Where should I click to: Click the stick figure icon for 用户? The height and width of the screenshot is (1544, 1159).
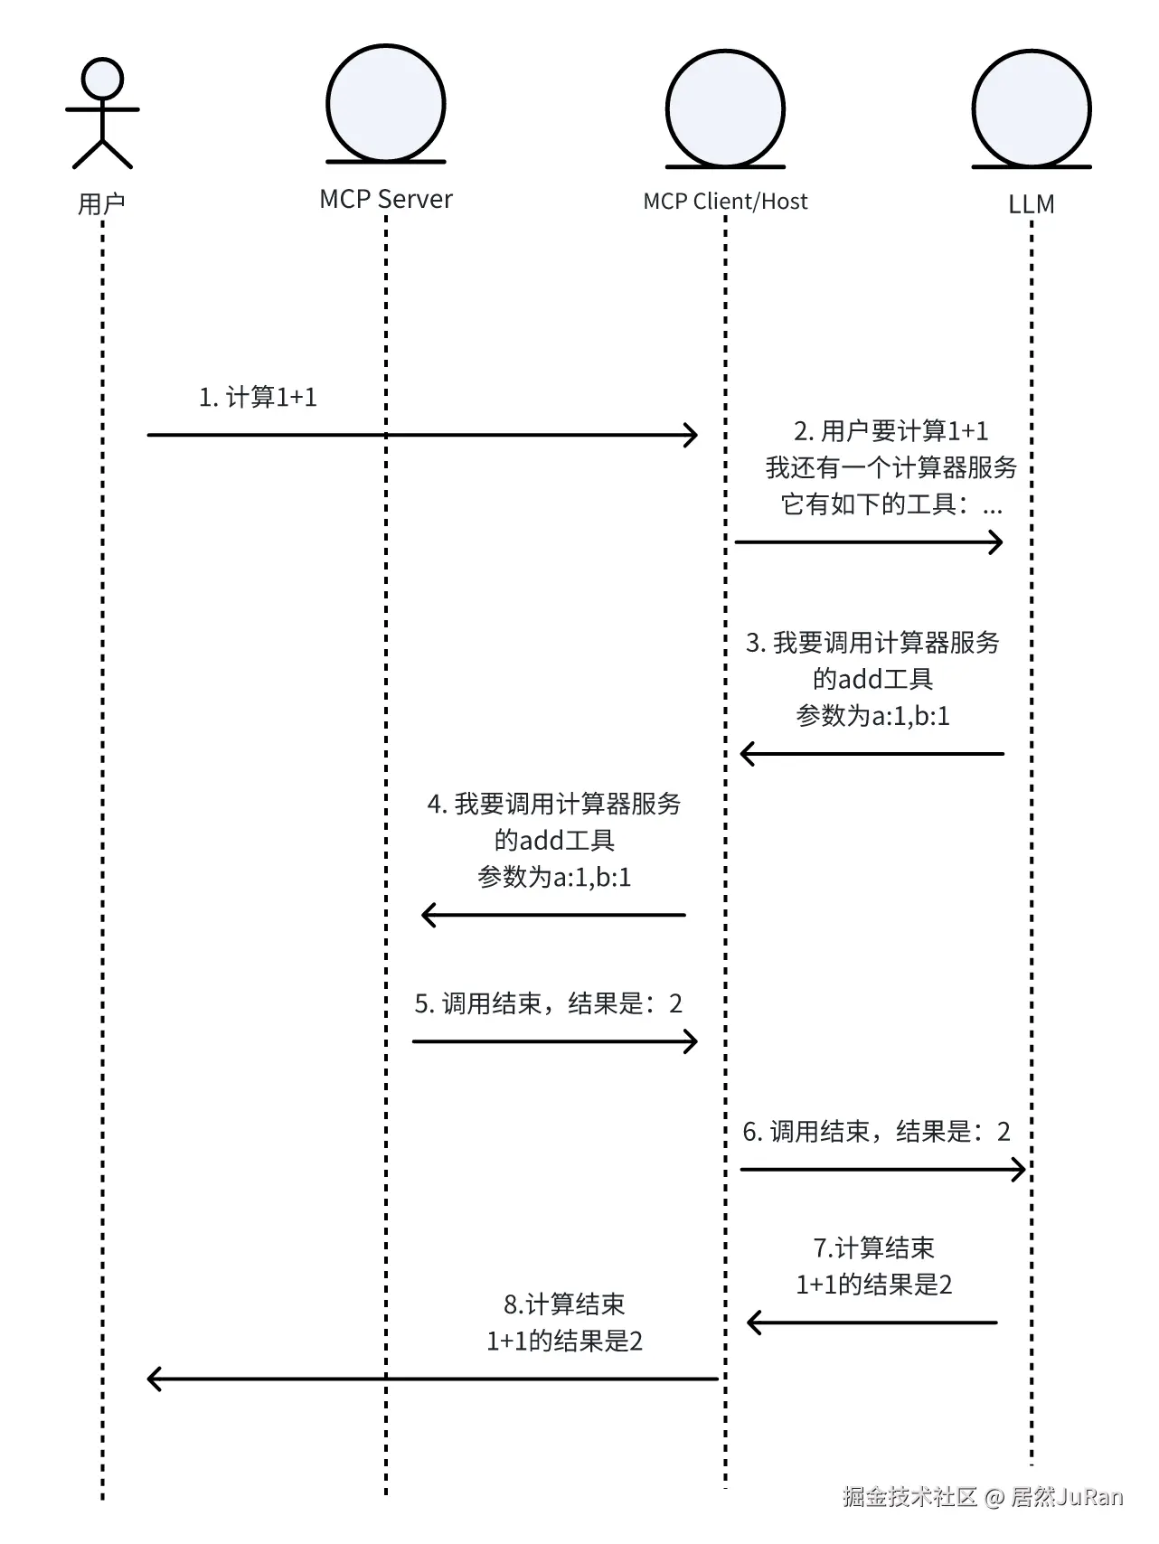pyautogui.click(x=102, y=114)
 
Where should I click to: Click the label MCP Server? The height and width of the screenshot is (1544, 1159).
pyautogui.click(x=386, y=199)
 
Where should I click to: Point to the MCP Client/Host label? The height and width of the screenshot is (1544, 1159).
pyautogui.click(x=725, y=202)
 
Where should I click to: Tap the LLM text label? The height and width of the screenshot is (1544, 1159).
pyautogui.click(x=1032, y=204)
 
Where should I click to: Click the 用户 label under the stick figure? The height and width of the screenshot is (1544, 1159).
pyautogui.click(x=101, y=204)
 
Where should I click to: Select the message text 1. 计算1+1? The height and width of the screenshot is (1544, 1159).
pyautogui.click(x=258, y=397)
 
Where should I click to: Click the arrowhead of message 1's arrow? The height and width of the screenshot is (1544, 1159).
pyautogui.click(x=697, y=435)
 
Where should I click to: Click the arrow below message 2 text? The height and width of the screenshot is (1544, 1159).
pyautogui.click(x=869, y=542)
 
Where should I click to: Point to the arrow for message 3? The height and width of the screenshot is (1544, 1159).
pyautogui.click(x=872, y=753)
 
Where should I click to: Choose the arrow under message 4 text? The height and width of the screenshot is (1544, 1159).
pyautogui.click(x=553, y=915)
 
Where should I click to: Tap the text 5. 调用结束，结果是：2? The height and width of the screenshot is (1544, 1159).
pyautogui.click(x=549, y=1003)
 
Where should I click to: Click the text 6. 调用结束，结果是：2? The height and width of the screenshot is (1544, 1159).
pyautogui.click(x=876, y=1132)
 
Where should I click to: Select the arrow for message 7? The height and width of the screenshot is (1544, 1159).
pyautogui.click(x=872, y=1323)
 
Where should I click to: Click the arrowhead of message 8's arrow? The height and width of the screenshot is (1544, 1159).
pyautogui.click(x=149, y=1379)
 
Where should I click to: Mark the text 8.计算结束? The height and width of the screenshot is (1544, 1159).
pyautogui.click(x=564, y=1304)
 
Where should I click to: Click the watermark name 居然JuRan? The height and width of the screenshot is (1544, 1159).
pyautogui.click(x=1066, y=1498)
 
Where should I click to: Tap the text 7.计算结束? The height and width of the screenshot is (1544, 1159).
pyautogui.click(x=873, y=1248)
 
